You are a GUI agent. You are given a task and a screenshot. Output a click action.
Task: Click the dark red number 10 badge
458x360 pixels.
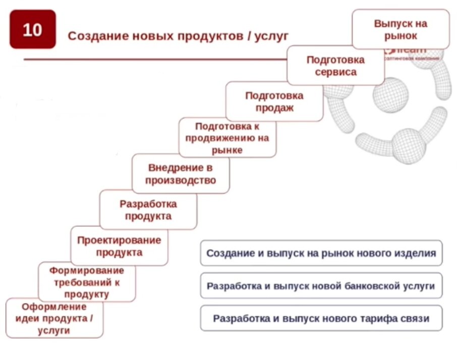click(33, 30)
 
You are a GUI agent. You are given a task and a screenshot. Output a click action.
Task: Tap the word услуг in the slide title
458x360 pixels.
click(272, 36)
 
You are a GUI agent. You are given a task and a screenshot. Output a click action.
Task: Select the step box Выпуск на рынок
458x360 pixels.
click(400, 29)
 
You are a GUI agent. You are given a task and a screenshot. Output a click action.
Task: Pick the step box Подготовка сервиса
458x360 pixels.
click(335, 66)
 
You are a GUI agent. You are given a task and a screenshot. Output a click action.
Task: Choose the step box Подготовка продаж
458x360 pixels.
click(274, 101)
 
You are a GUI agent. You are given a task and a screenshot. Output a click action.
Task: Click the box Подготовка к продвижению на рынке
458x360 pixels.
click(227, 138)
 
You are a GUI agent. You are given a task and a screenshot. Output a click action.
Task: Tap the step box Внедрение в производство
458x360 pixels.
click(181, 174)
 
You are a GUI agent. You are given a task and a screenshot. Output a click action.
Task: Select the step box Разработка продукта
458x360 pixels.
click(148, 210)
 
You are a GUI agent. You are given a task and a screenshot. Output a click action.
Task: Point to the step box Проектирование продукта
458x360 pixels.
click(119, 246)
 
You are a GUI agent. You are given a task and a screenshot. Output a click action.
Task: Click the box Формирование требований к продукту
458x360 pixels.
click(87, 282)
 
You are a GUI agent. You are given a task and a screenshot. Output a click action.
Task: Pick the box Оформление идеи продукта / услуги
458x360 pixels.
click(54, 318)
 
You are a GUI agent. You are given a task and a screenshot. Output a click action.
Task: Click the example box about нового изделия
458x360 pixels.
click(321, 253)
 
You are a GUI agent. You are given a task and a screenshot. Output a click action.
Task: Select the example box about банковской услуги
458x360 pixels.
click(321, 286)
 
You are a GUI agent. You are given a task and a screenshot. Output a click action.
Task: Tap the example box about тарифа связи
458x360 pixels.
click(321, 319)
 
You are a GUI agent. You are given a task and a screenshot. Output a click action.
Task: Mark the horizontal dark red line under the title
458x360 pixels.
click(151, 59)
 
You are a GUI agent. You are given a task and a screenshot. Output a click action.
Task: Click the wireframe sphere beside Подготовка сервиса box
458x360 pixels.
click(391, 95)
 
